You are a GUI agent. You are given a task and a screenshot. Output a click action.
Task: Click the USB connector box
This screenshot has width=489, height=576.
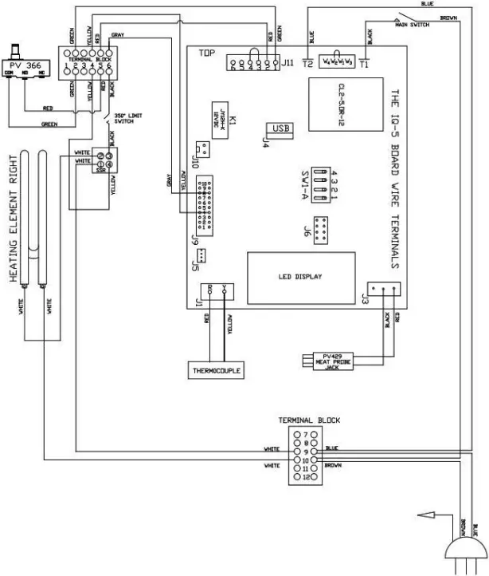(x=280, y=128)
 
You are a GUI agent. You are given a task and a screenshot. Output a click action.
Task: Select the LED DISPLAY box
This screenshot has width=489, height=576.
(x=299, y=277)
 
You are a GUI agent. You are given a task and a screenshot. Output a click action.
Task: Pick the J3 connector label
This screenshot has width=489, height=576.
(x=366, y=301)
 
